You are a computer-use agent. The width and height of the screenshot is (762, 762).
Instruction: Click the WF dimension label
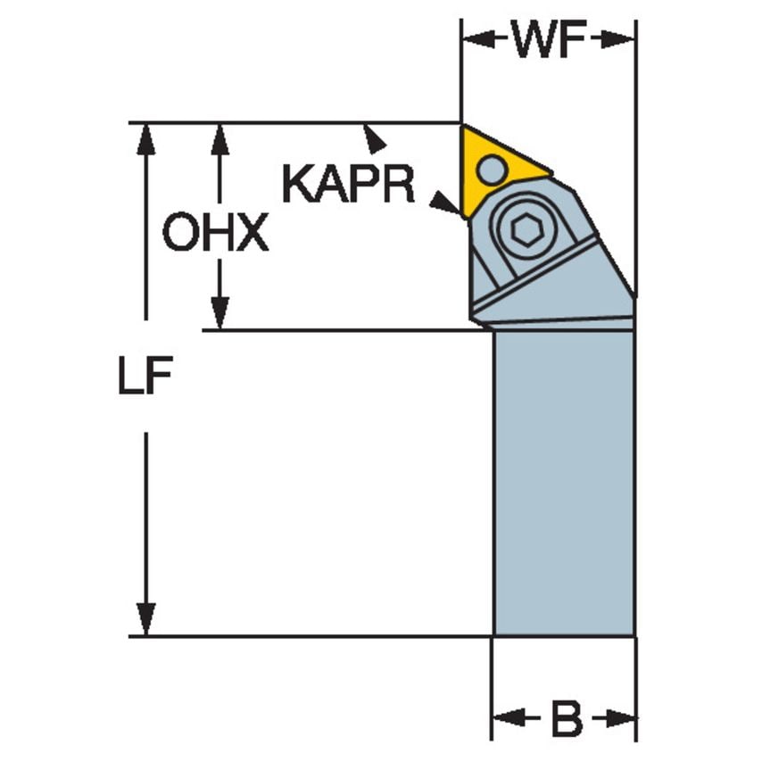pyautogui.click(x=548, y=40)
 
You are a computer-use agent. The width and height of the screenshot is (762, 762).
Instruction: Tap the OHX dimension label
pyautogui.click(x=215, y=234)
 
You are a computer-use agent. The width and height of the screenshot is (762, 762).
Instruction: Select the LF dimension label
pyautogui.click(x=144, y=378)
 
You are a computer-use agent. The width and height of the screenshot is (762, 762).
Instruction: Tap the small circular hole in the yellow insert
pyautogui.click(x=491, y=168)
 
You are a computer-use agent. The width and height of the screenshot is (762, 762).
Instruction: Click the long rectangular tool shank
pyautogui.click(x=563, y=482)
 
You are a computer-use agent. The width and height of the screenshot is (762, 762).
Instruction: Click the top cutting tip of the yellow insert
pyautogui.click(x=463, y=127)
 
